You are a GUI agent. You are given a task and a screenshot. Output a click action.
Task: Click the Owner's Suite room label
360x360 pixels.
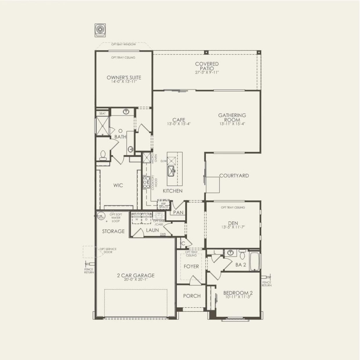tap(124, 78)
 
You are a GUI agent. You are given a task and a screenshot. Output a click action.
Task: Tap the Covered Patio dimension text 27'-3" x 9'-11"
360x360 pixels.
tap(207, 73)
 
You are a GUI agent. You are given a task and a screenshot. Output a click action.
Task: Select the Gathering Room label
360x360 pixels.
tap(232, 117)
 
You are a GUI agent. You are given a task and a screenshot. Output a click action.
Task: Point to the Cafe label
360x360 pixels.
tap(179, 120)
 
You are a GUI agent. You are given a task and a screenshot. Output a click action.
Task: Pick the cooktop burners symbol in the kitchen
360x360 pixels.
tap(146, 182)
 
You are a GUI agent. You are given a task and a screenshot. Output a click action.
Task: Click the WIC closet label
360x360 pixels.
tap(118, 185)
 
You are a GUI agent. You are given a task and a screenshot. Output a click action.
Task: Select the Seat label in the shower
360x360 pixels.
tap(102, 113)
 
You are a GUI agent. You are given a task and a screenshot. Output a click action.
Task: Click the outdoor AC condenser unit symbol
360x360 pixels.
tap(100, 30)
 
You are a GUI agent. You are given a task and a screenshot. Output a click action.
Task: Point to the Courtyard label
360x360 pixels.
tap(234, 176)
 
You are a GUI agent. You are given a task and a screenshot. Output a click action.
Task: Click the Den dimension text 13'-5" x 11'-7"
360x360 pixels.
tap(233, 227)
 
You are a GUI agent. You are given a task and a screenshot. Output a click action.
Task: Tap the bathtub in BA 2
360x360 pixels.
tap(255, 261)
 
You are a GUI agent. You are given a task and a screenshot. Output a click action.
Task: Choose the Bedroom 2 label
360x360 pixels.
tap(236, 293)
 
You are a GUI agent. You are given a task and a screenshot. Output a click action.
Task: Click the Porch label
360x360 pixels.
tap(192, 296)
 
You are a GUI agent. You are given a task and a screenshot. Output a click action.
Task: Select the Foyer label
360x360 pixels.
tap(191, 266)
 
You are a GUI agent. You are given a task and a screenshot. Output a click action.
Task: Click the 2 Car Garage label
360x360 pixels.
tap(136, 276)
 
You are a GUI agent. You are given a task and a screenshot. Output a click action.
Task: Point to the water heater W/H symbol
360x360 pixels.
tap(101, 217)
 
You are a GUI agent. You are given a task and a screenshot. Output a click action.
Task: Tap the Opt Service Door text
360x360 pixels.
tap(108, 251)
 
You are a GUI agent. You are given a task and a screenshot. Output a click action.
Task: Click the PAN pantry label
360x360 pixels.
tap(178, 213)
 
